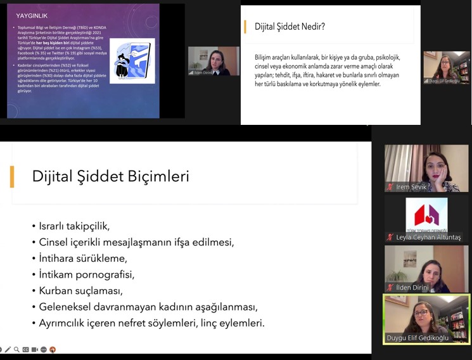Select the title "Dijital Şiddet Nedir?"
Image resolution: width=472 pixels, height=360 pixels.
coord(290,27)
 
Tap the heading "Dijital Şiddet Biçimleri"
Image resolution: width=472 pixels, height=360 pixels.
coord(110,176)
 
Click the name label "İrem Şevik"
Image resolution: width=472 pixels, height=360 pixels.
coord(411,187)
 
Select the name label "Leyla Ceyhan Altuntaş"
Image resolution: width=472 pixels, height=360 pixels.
coord(428,237)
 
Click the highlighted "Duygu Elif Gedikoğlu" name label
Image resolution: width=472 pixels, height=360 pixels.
coord(418,338)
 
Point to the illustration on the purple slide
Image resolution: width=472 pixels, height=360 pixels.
coord(132,61)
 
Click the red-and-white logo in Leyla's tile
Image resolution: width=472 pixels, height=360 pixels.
coord(426,214)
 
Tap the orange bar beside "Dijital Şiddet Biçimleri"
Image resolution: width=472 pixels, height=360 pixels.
coord(12,176)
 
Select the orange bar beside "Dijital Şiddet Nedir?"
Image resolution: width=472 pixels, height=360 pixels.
coord(245,27)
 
